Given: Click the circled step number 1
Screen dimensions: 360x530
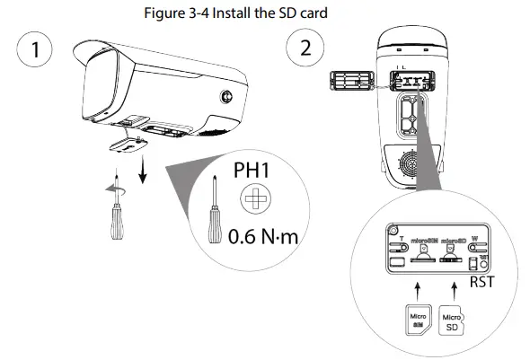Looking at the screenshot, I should (37, 49).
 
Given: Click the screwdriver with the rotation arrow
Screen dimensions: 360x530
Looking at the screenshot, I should (114, 210).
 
